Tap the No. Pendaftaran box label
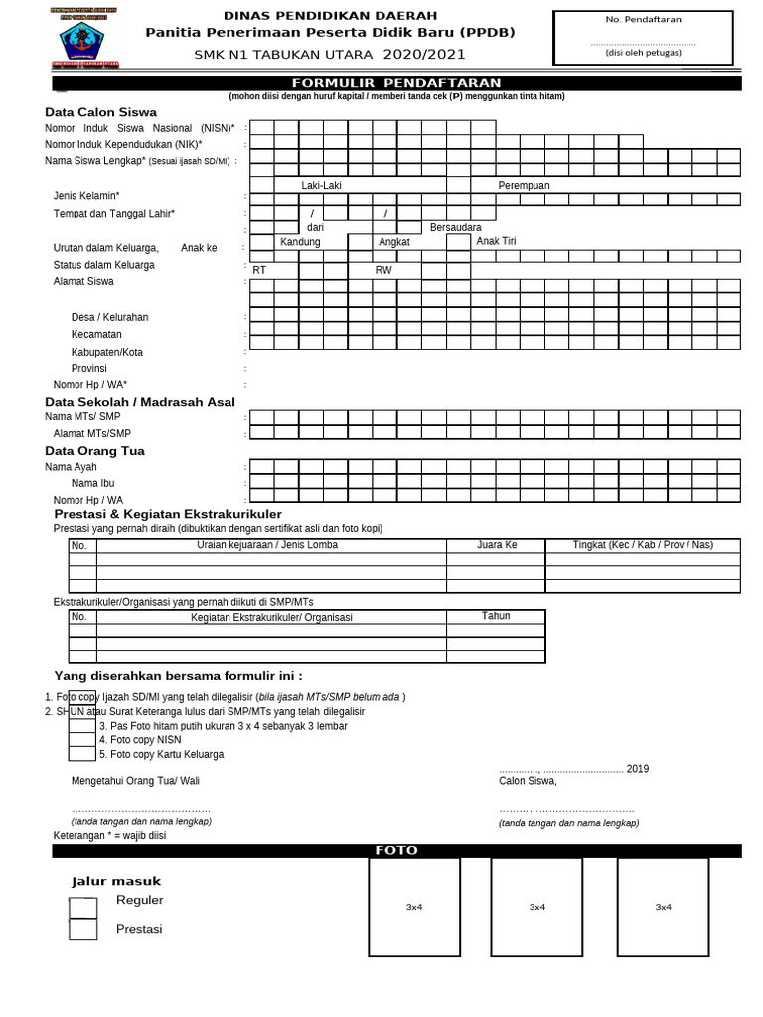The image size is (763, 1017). (643, 19)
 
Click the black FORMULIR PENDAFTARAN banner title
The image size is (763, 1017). (395, 83)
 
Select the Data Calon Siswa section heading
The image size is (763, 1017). (100, 112)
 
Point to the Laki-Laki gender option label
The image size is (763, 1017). (321, 186)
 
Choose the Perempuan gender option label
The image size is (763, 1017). (524, 186)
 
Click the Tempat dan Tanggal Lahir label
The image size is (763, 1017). (113, 214)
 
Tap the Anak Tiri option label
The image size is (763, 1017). (496, 241)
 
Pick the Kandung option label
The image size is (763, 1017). (300, 242)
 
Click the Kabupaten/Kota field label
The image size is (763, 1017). (107, 352)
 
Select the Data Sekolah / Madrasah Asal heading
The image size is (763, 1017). (140, 402)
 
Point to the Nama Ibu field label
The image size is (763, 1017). (92, 483)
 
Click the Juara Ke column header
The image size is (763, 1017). (497, 545)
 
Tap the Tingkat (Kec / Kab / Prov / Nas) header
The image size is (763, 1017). (643, 545)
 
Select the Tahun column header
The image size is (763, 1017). (496, 616)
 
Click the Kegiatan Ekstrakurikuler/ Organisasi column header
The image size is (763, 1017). (271, 617)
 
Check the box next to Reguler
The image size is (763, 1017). (82, 908)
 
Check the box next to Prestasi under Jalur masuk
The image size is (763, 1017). (82, 930)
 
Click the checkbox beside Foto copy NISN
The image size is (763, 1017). (82, 739)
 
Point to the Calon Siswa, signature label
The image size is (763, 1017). (528, 781)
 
